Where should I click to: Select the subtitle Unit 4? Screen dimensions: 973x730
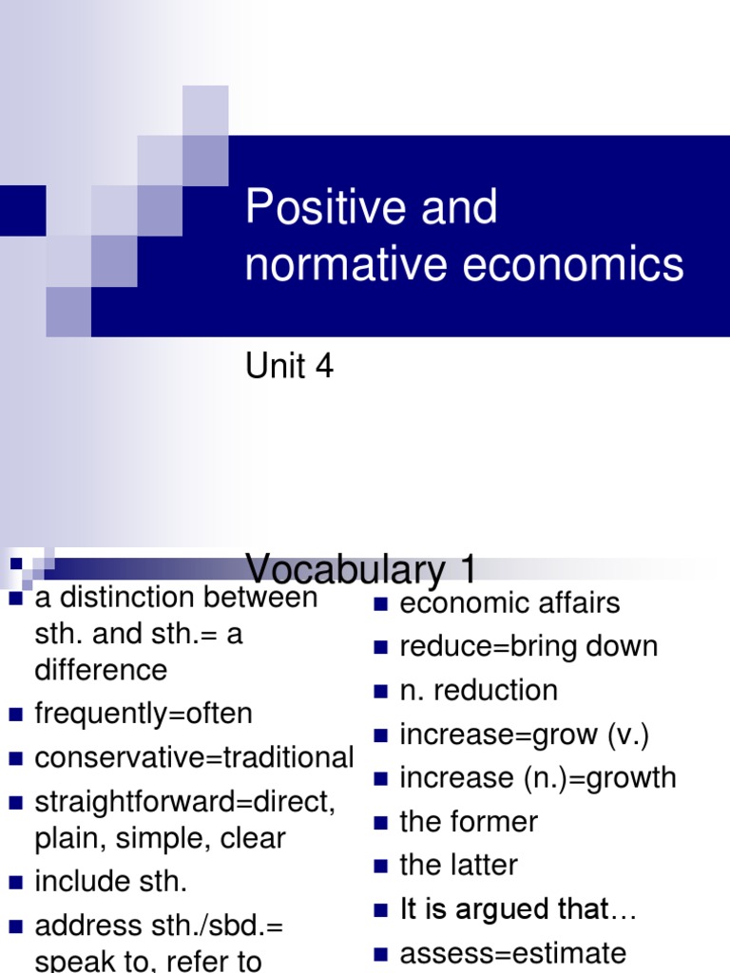click(290, 367)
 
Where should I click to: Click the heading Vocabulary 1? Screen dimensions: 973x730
click(361, 570)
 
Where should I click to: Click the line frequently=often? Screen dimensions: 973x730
click(144, 714)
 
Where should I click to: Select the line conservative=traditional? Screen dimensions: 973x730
click(194, 757)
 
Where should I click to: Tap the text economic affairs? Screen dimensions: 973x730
click(509, 603)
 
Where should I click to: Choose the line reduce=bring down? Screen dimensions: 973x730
click(528, 647)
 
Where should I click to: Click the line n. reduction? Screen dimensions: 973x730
click(478, 691)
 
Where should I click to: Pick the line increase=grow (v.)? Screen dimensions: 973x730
click(525, 735)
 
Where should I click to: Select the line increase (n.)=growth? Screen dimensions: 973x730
click(538, 778)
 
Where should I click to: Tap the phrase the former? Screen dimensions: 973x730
click(469, 822)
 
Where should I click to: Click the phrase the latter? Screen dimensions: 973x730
click(459, 866)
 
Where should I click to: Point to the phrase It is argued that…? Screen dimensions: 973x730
click(518, 909)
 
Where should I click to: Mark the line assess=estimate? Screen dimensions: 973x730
click(513, 953)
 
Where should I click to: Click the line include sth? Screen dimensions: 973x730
click(111, 881)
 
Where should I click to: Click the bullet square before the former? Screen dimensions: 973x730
click(381, 823)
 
